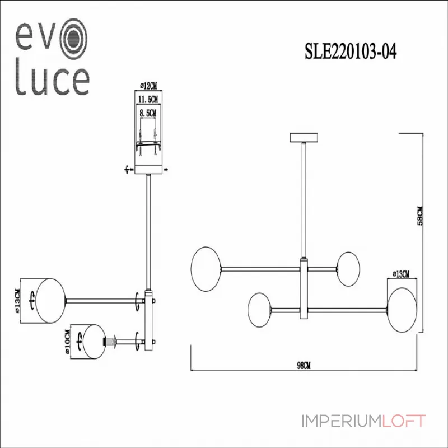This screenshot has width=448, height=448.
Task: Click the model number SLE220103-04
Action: pyautogui.click(x=351, y=52)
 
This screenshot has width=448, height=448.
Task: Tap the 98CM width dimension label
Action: pyautogui.click(x=304, y=366)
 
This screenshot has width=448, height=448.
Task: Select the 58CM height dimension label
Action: pyautogui.click(x=419, y=216)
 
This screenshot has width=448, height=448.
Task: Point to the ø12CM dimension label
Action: pyautogui.click(x=148, y=86)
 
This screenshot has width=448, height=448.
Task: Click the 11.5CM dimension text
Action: pyautogui.click(x=148, y=100)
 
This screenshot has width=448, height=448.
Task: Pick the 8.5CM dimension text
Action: pyautogui.click(x=148, y=113)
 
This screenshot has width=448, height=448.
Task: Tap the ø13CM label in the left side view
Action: pyautogui.click(x=17, y=301)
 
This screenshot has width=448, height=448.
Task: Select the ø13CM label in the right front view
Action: pyautogui.click(x=401, y=274)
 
